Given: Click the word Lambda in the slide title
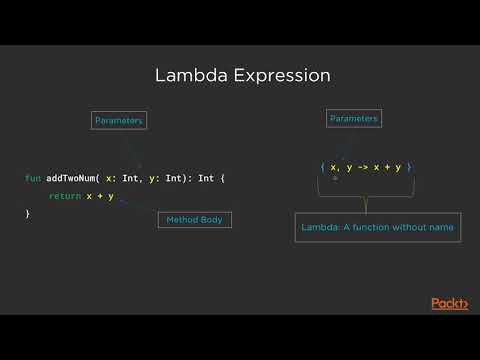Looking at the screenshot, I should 185,76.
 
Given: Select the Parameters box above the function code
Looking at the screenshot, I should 119,120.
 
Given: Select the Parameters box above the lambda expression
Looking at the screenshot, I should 353,118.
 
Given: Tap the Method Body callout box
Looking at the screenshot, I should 194,219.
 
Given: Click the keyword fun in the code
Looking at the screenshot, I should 32,178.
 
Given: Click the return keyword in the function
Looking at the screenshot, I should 64,196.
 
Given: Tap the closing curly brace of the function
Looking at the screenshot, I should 28,214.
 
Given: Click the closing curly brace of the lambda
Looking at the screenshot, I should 409,167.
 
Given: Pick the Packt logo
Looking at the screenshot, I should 450,303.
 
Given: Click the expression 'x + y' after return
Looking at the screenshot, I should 100,196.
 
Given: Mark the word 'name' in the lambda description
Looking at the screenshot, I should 439,228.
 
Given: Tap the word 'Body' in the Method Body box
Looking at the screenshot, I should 212,219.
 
